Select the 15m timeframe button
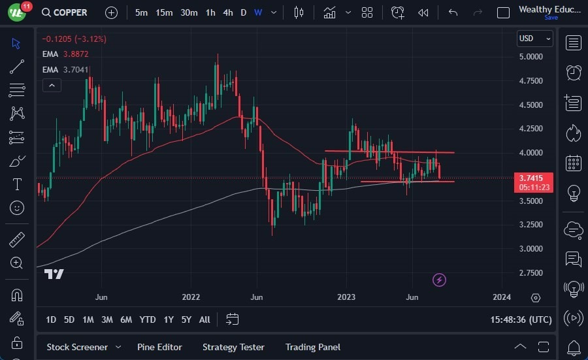(x=164, y=12)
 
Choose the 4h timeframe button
(x=227, y=12)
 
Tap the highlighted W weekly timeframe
(x=258, y=12)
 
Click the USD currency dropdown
(x=534, y=39)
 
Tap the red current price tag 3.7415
(x=534, y=178)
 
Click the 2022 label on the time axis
(x=191, y=297)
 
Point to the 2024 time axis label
(x=502, y=297)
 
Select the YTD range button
(x=148, y=319)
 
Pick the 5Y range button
(x=186, y=319)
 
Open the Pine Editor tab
(x=159, y=347)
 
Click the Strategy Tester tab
(x=233, y=347)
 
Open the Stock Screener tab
(x=76, y=347)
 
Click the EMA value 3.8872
(x=76, y=54)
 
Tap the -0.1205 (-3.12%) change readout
(x=73, y=39)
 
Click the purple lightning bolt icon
(x=440, y=280)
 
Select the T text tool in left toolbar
(x=17, y=184)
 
